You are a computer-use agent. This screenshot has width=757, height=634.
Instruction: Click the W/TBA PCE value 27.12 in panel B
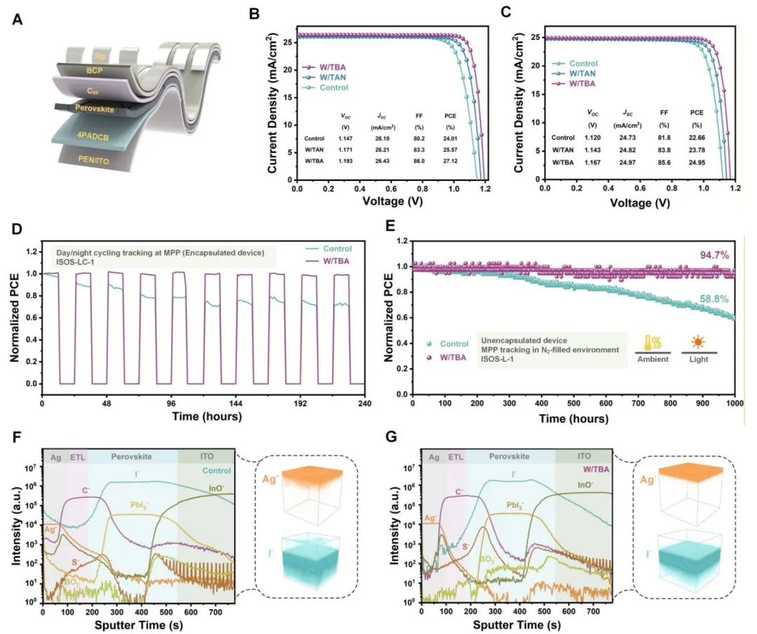click(x=449, y=161)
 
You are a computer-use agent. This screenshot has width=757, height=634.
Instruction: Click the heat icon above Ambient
click(x=652, y=343)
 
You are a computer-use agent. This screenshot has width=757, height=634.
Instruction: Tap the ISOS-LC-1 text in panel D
click(x=74, y=264)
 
